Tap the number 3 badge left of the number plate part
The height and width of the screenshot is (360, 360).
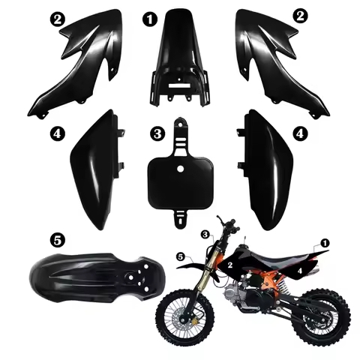(x=156, y=133)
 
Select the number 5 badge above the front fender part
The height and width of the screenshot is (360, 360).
(x=58, y=241)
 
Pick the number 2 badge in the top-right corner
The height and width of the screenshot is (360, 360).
(x=300, y=14)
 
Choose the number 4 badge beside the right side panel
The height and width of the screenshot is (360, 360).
(x=300, y=133)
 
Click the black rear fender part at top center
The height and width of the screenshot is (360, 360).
(x=179, y=60)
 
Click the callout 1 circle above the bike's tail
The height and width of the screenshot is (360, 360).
(x=325, y=244)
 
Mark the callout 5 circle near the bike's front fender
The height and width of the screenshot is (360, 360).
(x=180, y=257)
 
